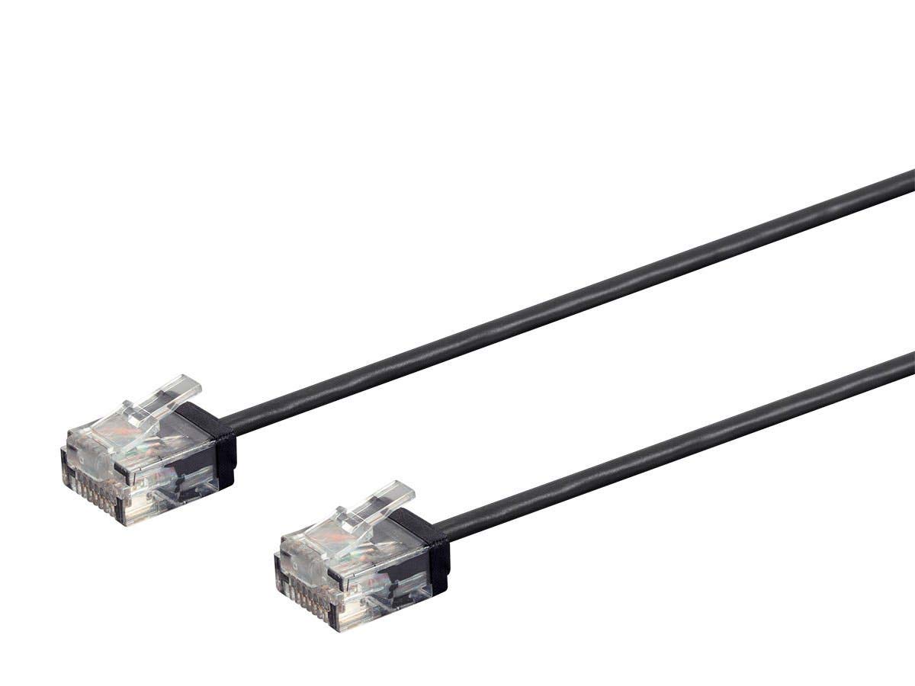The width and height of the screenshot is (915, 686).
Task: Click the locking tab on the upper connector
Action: tap(156, 404)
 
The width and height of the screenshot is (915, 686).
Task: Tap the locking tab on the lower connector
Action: tap(370, 509)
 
